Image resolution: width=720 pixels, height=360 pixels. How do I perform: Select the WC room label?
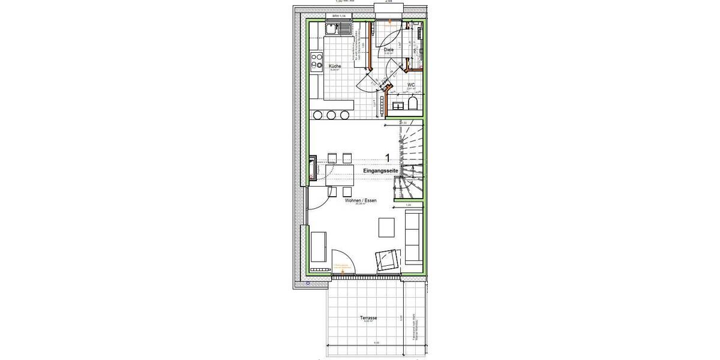pos(412,85)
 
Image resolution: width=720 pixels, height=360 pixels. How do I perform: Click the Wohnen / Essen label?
pos(361,202)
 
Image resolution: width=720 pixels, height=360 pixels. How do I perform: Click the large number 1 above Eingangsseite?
pos(389,158)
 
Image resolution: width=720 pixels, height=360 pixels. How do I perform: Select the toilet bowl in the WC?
pos(412,106)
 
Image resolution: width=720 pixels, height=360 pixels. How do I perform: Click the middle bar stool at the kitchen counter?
pos(331,115)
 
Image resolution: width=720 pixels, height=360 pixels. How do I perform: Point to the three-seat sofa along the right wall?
pos(413,238)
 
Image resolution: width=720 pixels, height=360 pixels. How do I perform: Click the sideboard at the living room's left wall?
pos(319,247)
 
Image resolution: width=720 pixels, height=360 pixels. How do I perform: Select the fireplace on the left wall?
pos(313,169)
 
